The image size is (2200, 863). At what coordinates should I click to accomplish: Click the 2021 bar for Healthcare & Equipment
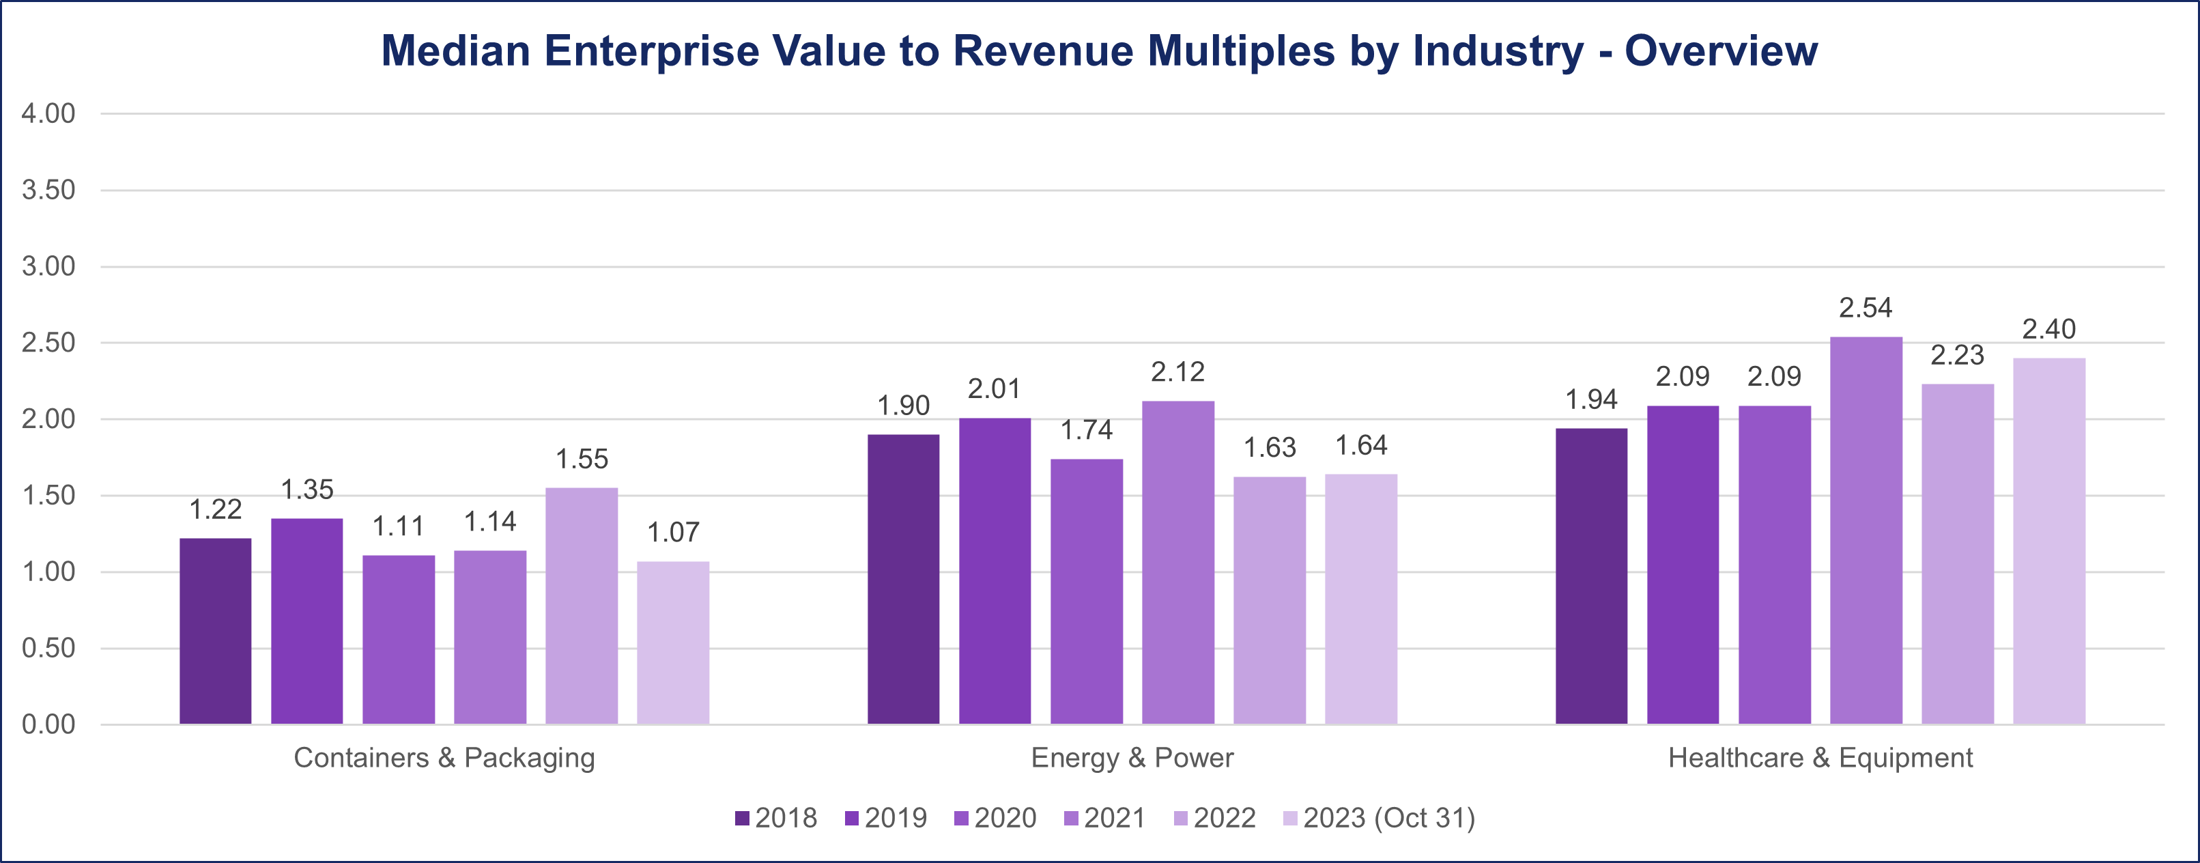tap(1866, 530)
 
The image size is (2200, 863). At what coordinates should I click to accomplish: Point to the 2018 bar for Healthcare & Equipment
tap(1591, 576)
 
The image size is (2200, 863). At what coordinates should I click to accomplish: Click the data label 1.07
tap(673, 533)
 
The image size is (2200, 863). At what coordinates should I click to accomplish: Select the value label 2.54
tap(1866, 308)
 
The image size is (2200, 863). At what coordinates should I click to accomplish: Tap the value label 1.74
tap(1086, 429)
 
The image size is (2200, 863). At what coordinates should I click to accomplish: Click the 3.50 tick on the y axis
tap(48, 190)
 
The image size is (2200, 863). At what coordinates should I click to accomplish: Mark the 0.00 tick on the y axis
tap(48, 724)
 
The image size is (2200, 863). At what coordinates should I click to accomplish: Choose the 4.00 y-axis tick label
tap(48, 113)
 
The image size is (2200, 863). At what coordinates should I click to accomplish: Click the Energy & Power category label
tap(1132, 758)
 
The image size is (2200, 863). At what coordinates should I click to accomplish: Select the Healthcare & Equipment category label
tap(1820, 758)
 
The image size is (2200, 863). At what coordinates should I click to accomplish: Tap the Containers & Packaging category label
tap(444, 758)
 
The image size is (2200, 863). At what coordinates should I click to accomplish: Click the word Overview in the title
tap(1721, 51)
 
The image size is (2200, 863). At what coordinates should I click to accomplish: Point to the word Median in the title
tap(456, 51)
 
